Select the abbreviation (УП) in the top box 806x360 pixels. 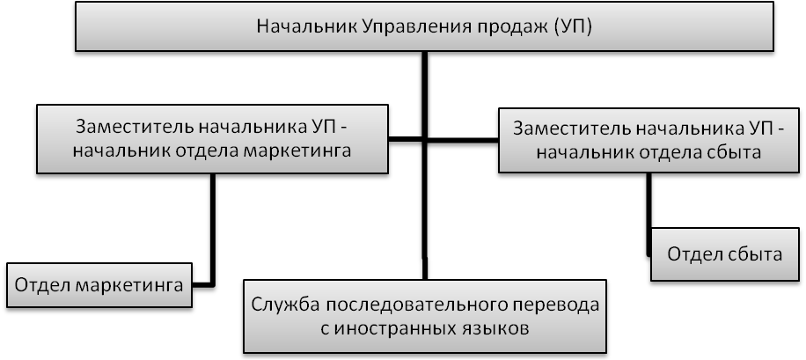click(571, 26)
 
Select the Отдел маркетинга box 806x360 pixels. click(99, 285)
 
